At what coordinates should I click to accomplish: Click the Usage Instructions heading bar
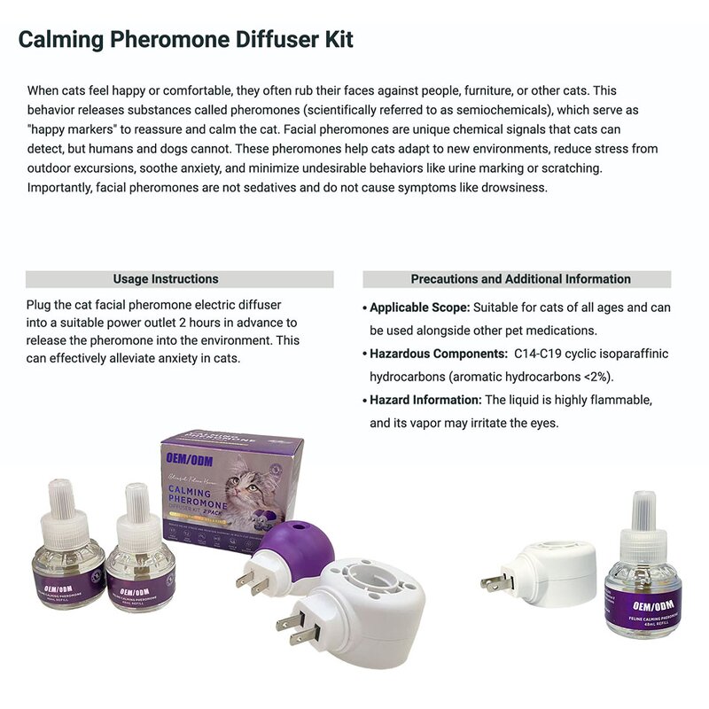179,279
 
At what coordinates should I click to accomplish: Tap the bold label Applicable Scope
418,308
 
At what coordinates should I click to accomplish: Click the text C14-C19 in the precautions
537,354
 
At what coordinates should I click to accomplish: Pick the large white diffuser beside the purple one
354,603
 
